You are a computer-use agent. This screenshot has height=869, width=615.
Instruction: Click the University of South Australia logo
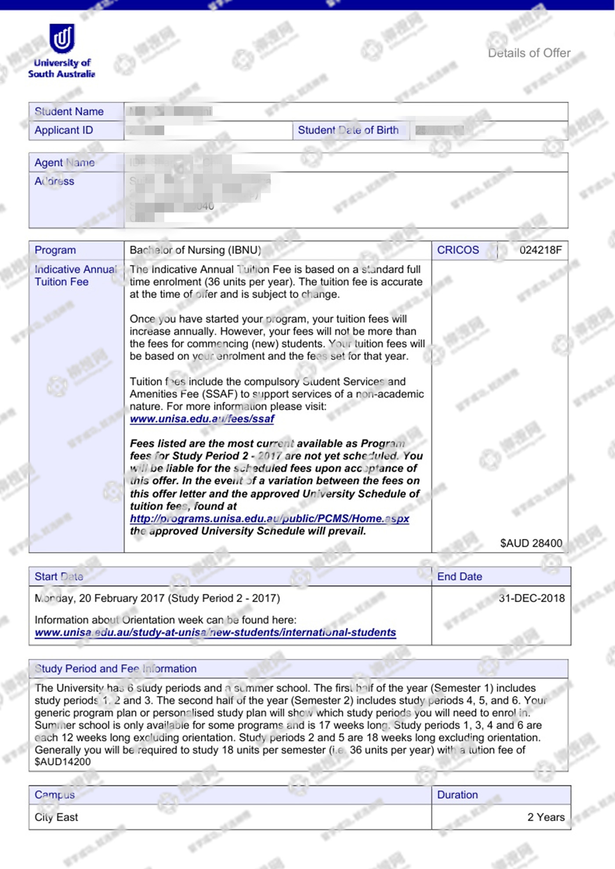click(62, 51)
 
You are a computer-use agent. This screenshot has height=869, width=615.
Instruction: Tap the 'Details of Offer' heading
click(529, 53)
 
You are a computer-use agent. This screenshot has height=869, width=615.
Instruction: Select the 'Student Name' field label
click(69, 111)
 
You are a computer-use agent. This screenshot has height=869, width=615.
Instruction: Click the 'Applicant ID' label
click(64, 130)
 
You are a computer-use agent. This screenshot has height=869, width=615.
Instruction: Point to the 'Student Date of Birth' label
click(348, 130)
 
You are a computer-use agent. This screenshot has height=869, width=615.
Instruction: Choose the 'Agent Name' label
click(65, 162)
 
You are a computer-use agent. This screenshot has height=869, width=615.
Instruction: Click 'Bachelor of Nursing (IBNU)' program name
click(195, 250)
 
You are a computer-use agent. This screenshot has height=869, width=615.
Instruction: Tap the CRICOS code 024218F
click(540, 250)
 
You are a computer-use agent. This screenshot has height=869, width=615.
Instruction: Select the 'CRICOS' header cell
click(458, 250)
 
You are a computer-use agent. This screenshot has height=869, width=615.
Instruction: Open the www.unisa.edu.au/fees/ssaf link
click(202, 419)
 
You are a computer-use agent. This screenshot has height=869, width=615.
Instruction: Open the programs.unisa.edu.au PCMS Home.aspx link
click(269, 519)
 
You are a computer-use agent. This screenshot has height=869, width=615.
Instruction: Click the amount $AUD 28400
click(531, 543)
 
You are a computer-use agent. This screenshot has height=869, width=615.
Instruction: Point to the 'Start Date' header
click(59, 577)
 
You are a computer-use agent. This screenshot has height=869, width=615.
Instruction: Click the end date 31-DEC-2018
click(532, 598)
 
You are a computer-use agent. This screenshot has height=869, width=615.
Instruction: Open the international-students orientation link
click(215, 632)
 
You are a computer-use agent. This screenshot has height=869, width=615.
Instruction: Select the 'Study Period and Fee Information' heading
click(116, 668)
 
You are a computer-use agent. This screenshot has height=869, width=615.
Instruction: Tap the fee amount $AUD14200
click(63, 762)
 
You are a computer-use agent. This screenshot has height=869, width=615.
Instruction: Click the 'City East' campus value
click(56, 817)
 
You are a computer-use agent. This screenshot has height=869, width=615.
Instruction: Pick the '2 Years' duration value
click(546, 817)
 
